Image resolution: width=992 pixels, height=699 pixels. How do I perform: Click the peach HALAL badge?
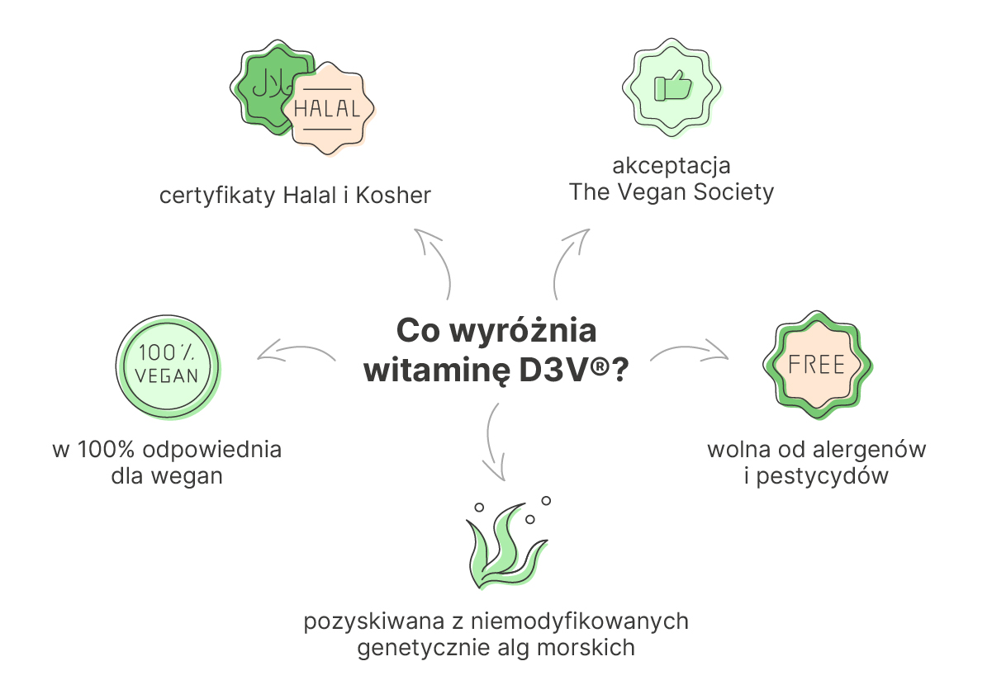(328, 109)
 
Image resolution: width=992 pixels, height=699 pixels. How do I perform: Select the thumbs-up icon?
(672, 86)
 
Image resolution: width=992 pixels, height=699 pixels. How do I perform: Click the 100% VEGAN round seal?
(168, 366)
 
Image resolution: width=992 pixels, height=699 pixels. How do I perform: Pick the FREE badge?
(818, 365)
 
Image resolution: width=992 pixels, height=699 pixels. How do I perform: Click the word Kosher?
(393, 195)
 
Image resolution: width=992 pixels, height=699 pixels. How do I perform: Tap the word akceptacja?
(672, 167)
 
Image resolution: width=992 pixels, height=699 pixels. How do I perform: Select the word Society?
(733, 192)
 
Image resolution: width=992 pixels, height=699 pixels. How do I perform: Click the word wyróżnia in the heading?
(524, 330)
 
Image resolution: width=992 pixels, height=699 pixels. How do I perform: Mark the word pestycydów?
(823, 476)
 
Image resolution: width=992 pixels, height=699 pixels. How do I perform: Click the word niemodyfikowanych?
(580, 621)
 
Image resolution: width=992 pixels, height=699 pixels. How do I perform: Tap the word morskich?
(586, 648)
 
